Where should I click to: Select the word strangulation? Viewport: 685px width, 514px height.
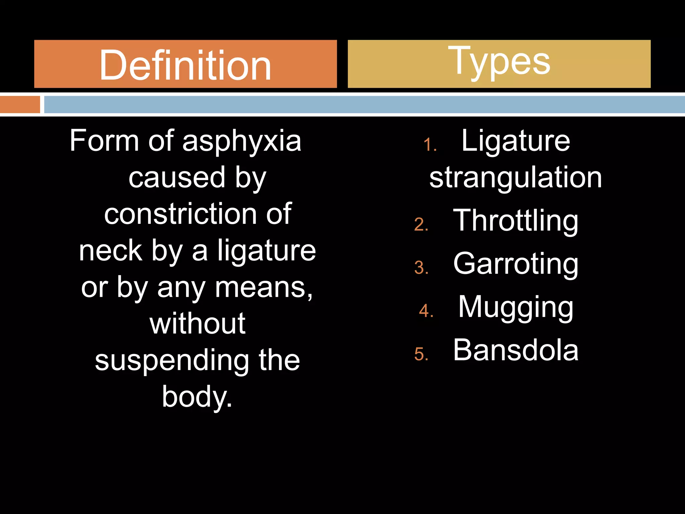pos(515,178)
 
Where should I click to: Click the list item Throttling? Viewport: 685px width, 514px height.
pos(515,221)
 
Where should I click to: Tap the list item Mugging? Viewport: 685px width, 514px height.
pos(515,307)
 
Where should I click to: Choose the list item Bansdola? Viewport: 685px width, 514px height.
pos(515,350)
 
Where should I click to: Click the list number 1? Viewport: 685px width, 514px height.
pos(429,145)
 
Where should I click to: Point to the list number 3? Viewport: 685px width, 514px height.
pos(421,268)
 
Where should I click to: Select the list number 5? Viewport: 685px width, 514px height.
pos(421,354)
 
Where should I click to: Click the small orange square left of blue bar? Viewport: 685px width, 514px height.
pos(20,104)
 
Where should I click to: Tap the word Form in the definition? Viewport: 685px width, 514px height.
pos(104,141)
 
